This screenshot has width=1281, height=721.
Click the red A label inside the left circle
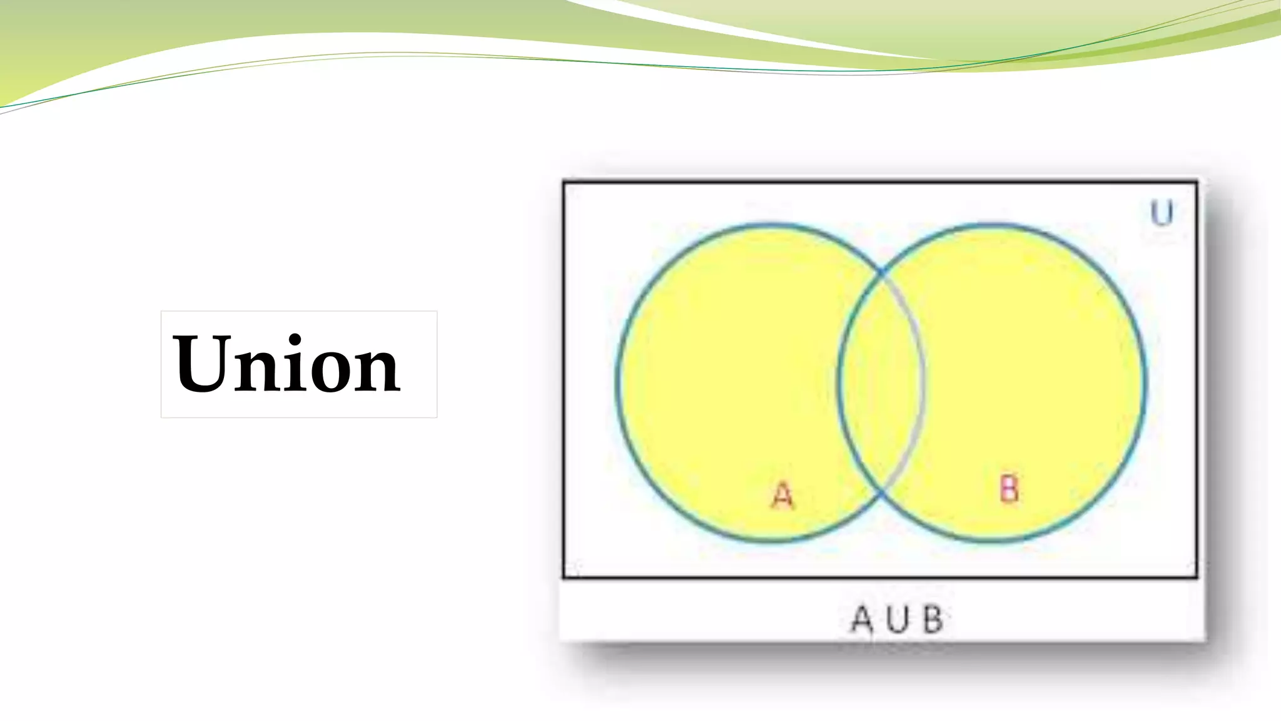pos(782,496)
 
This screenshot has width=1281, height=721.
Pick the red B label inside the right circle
pos(1009,488)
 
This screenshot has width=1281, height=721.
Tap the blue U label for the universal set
pos(1162,213)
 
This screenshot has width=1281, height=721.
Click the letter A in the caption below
pos(862,620)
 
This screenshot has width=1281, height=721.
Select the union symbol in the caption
pos(897,620)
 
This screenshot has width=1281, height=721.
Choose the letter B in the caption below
pos(933,620)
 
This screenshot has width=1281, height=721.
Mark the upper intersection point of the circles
pos(881,272)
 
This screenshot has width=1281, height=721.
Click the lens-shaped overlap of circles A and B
pos(881,382)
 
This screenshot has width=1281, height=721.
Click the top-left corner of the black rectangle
pos(564,182)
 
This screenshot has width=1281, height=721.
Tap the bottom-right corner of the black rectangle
pos(1197,576)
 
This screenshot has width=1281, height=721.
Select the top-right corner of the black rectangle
pos(1197,182)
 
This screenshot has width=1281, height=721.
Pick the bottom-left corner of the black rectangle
pos(564,576)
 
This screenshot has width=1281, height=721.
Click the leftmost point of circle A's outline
pos(617,382)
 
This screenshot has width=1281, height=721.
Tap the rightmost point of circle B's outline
pos(1146,382)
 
